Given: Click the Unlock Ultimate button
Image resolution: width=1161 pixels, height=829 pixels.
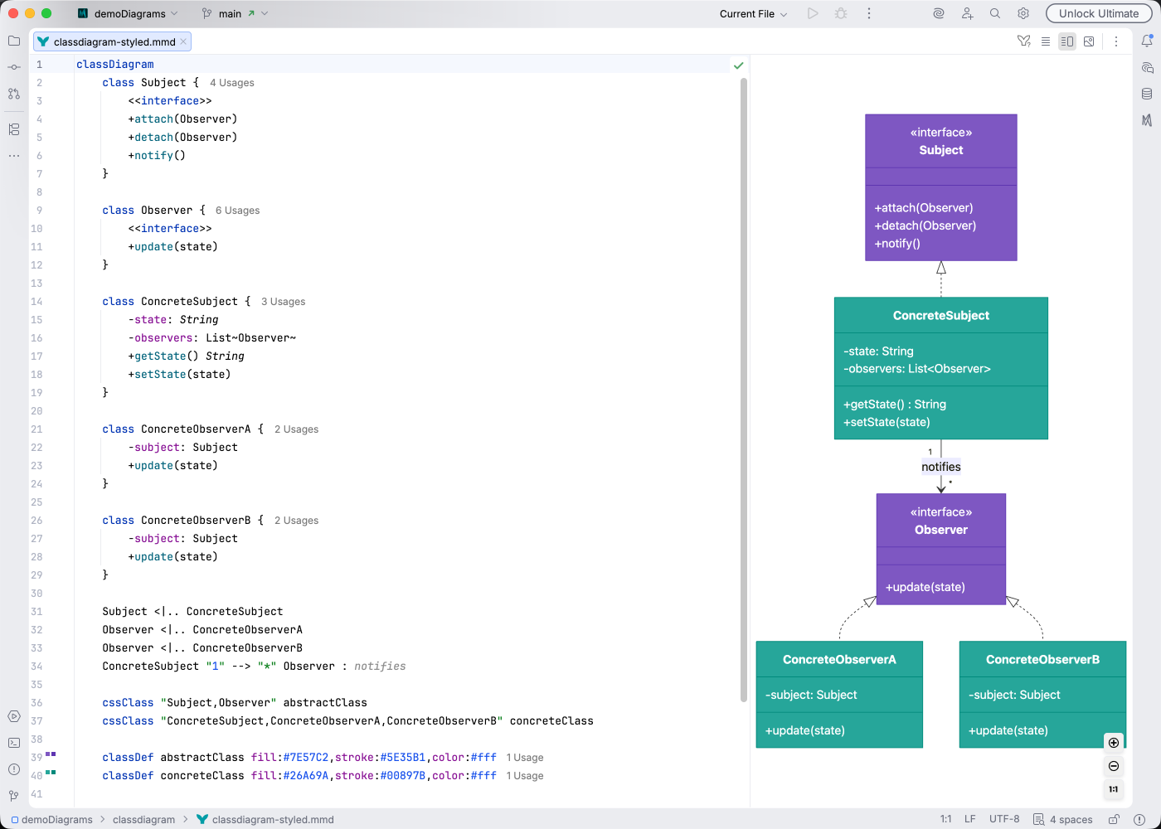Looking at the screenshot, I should [1098, 13].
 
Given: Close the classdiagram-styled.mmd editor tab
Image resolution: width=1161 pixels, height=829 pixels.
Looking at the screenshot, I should [183, 41].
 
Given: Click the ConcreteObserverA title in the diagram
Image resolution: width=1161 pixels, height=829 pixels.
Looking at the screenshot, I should [839, 660].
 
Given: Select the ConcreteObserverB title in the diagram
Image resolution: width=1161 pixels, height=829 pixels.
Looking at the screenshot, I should [1042, 660].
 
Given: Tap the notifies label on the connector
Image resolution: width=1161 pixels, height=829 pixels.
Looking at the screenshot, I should [940, 467].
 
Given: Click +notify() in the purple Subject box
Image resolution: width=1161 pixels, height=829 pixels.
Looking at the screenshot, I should [897, 244].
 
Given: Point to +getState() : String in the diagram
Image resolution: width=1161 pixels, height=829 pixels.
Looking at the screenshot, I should [894, 405].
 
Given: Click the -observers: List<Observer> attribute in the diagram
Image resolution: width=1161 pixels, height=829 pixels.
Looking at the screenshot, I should [916, 369].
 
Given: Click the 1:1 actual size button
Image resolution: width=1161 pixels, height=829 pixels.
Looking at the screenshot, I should [1113, 789].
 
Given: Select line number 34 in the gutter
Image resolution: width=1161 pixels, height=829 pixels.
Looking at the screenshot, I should [36, 667].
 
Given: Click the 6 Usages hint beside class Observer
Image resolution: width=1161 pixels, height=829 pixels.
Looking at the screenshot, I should [237, 211].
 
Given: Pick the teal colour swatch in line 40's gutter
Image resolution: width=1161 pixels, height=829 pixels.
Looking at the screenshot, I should [51, 773].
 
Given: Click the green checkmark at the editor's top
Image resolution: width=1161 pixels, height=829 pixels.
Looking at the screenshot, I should [738, 65].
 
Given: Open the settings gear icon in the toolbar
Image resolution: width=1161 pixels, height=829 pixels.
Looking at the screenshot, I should [1023, 13].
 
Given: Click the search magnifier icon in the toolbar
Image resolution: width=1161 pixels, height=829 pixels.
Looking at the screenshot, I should [995, 13].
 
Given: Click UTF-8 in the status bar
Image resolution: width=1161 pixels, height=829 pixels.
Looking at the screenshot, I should [1003, 819].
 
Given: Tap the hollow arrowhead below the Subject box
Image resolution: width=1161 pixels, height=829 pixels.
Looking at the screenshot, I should [941, 268].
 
